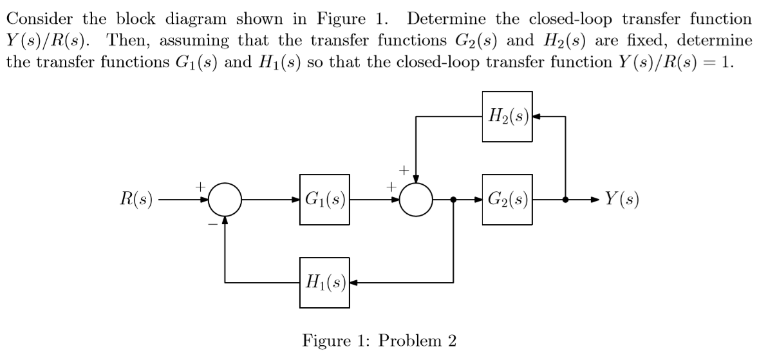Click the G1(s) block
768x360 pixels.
[x=324, y=200]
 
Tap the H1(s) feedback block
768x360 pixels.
[x=324, y=282]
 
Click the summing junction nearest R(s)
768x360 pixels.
[x=225, y=200]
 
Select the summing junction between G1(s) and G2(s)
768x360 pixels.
[x=417, y=200]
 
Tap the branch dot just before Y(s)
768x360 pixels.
[x=565, y=200]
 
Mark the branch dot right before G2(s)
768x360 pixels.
[x=454, y=200]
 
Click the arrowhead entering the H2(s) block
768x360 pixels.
[x=538, y=117]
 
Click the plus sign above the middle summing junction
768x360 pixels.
[x=404, y=170]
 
